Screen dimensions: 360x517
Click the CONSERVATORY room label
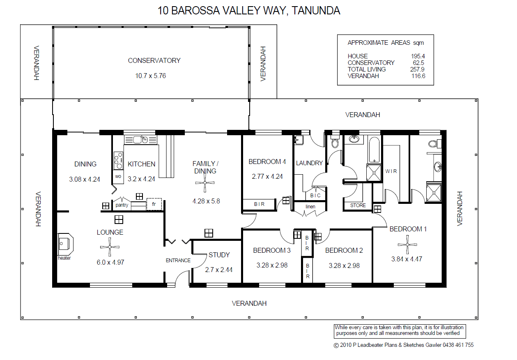tap(154, 60)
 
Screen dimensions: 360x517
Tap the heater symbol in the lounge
tap(65, 244)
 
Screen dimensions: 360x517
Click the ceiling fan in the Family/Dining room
tap(205, 186)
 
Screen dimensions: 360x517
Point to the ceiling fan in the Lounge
tap(110, 247)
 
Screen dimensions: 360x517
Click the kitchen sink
tap(137, 140)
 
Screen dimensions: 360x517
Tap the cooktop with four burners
tap(118, 160)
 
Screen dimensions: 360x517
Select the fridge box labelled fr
tap(154, 204)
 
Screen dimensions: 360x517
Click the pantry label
tap(122, 205)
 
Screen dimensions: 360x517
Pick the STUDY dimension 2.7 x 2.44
tap(219, 270)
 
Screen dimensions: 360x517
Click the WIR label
tap(391, 171)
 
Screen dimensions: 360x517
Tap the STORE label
tap(358, 205)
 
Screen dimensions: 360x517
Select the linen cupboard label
tap(310, 206)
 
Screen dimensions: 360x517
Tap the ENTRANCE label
tap(178, 260)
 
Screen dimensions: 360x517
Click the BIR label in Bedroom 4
tap(259, 204)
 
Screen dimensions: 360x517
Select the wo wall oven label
tap(118, 176)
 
